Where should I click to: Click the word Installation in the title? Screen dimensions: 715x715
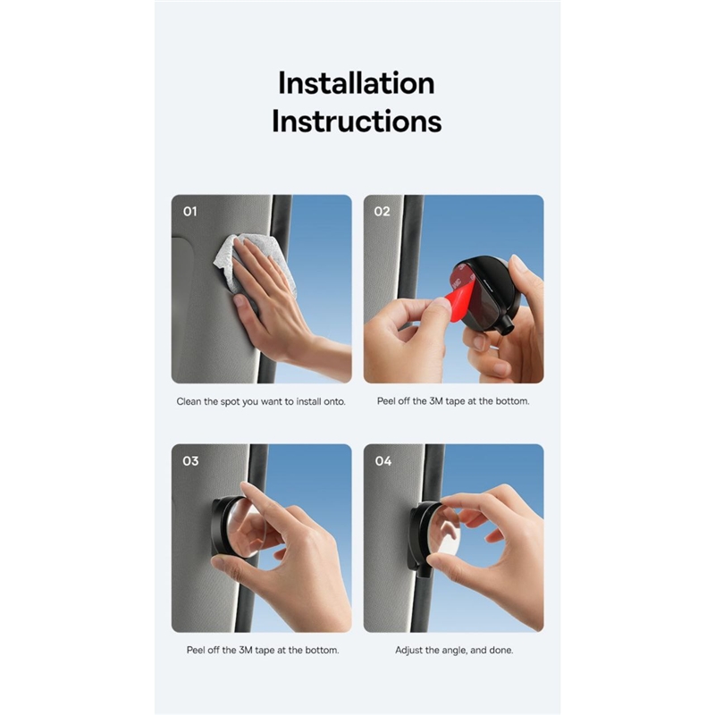click(356, 83)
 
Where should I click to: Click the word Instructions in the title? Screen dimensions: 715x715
click(357, 122)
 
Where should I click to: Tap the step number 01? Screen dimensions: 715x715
click(190, 212)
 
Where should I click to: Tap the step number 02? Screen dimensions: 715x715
click(383, 212)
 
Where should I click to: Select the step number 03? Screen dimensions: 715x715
click(190, 461)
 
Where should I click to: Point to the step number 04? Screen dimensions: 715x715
click(383, 461)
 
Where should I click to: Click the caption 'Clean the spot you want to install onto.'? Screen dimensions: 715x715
click(261, 401)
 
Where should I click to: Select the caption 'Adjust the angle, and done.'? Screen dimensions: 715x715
click(454, 651)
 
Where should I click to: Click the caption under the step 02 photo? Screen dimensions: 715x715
click(453, 401)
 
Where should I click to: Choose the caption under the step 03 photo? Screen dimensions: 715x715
click(263, 651)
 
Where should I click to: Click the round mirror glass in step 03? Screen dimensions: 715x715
click(247, 528)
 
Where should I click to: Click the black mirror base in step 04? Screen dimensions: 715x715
click(419, 538)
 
